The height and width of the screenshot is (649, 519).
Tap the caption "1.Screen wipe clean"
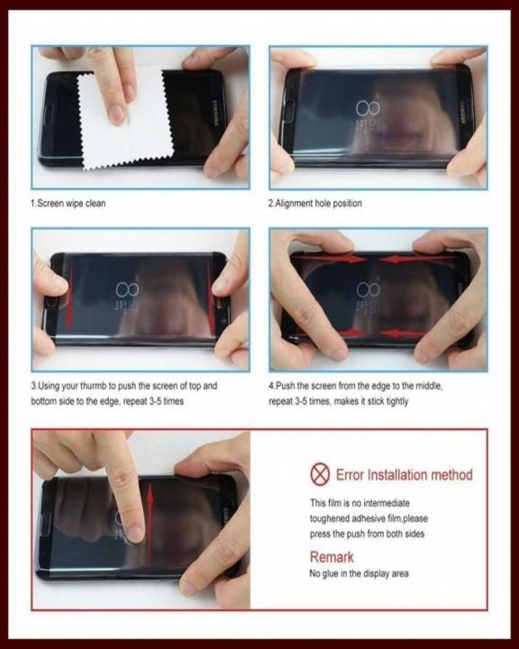point(68,203)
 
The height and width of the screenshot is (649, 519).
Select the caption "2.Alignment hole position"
point(314,203)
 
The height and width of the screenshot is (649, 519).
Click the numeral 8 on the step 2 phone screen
point(367,109)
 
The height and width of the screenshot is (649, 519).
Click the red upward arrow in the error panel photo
point(150,505)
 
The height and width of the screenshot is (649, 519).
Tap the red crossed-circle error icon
point(319,474)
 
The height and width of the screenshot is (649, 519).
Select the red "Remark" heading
point(332,557)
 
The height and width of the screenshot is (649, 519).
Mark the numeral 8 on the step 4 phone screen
point(366,290)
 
